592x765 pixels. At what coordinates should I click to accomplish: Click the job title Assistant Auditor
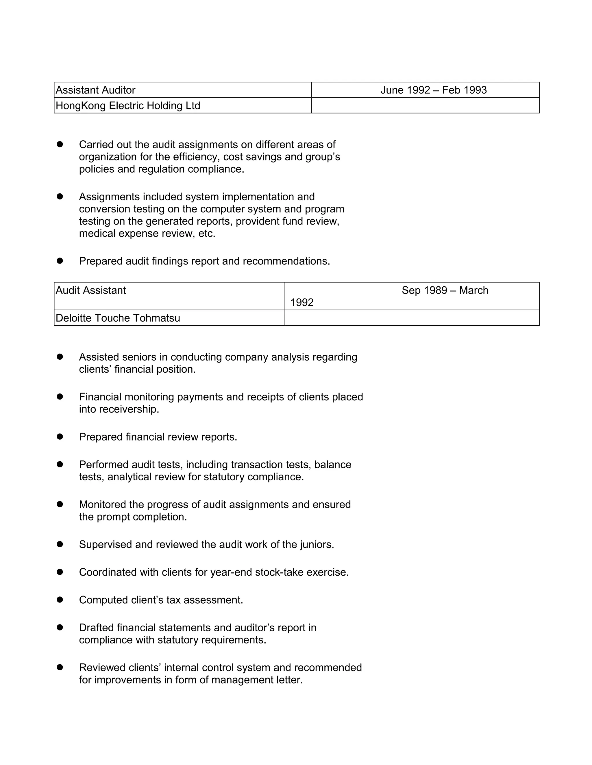tap(95, 90)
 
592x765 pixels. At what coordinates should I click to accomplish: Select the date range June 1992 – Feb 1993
tap(434, 90)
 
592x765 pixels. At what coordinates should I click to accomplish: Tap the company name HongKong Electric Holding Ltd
tap(128, 105)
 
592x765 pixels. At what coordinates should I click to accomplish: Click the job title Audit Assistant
tap(91, 290)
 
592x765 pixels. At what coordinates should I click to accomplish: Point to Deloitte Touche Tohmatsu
tap(118, 318)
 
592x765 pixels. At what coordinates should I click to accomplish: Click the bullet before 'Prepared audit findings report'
tap(60, 261)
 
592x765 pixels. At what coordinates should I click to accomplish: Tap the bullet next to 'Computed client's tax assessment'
tap(60, 600)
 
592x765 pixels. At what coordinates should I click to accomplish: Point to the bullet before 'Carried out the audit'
tap(60, 144)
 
